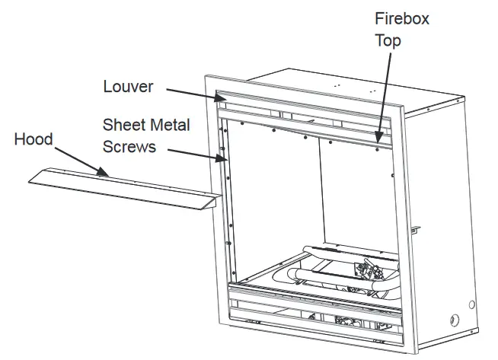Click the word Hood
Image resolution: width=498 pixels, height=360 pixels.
(x=34, y=139)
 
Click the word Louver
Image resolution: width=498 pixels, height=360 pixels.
(x=128, y=87)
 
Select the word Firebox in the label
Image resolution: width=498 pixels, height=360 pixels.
(x=401, y=18)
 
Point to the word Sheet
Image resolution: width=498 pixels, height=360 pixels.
(x=125, y=124)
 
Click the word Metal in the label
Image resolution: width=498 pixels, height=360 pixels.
(x=170, y=124)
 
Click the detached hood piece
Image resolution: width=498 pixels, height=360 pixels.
(x=122, y=188)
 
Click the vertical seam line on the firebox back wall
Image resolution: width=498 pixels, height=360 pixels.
(x=319, y=190)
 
